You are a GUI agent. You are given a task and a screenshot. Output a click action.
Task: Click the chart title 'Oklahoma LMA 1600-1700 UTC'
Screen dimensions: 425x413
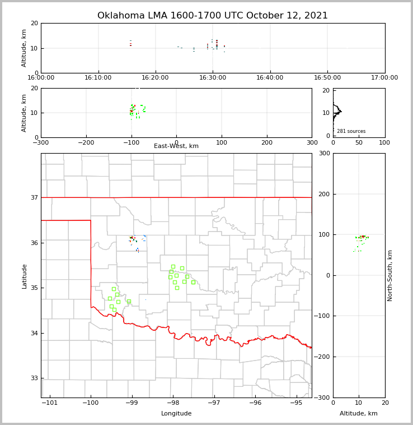pyautogui.click(x=213, y=16)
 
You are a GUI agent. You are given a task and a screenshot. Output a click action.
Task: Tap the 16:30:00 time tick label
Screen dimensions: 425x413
pyautogui.click(x=213, y=78)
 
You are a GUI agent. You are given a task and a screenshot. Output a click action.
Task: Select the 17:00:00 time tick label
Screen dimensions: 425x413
pyautogui.click(x=384, y=78)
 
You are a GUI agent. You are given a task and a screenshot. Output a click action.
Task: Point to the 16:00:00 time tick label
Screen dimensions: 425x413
pyautogui.click(x=41, y=78)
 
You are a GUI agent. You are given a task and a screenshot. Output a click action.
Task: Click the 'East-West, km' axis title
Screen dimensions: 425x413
pyautogui.click(x=176, y=146)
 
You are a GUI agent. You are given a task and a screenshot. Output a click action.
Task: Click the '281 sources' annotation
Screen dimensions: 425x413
pyautogui.click(x=351, y=131)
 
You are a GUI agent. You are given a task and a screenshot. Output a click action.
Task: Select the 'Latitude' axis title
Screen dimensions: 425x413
pyautogui.click(x=25, y=276)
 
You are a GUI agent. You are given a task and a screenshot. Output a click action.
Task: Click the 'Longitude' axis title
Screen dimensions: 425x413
pyautogui.click(x=176, y=414)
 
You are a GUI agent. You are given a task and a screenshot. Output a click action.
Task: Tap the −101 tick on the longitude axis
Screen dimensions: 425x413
pyautogui.click(x=49, y=403)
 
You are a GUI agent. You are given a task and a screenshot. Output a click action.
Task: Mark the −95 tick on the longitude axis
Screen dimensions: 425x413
pyautogui.click(x=296, y=403)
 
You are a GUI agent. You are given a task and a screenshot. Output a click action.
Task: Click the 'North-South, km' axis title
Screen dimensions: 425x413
pyautogui.click(x=390, y=275)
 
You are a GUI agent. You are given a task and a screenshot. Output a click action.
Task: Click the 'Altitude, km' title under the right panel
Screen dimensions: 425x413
pyautogui.click(x=359, y=414)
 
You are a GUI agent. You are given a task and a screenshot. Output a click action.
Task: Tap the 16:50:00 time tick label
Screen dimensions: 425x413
pyautogui.click(x=327, y=78)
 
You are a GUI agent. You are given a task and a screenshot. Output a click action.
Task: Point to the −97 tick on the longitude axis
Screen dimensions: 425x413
pyautogui.click(x=214, y=403)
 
